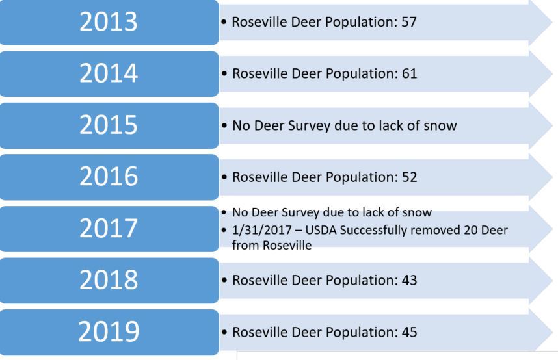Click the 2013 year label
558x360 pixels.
click(109, 21)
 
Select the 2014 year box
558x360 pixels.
click(109, 73)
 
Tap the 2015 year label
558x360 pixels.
click(109, 125)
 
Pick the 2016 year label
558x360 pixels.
click(109, 177)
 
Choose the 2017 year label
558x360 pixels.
click(109, 229)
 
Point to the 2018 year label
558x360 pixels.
click(109, 280)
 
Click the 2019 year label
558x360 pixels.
click(109, 331)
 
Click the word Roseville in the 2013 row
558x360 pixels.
click(259, 22)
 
